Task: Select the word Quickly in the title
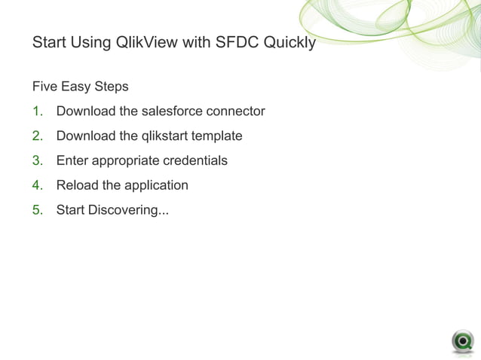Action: click(289, 43)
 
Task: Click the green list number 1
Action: click(37, 111)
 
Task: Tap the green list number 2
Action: click(37, 136)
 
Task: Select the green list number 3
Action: click(37, 160)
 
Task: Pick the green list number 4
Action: click(37, 185)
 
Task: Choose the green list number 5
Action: click(37, 209)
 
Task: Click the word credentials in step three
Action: click(192, 160)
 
